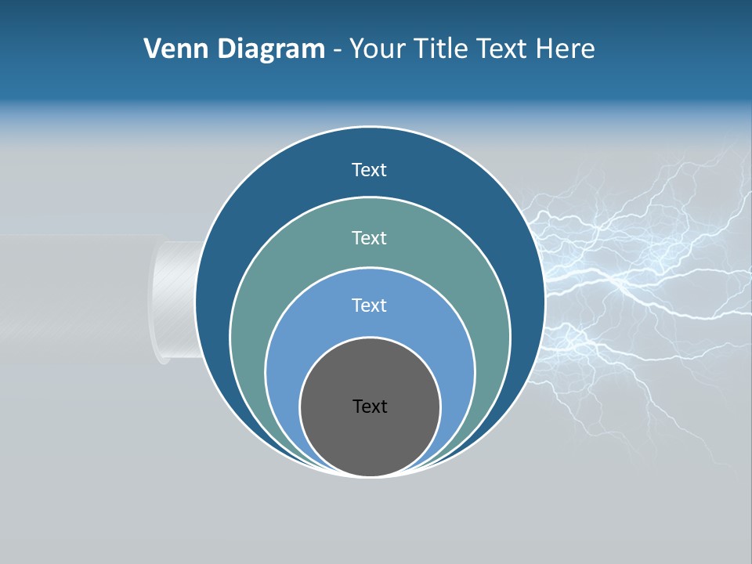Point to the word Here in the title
point(565,49)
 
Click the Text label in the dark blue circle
point(369,170)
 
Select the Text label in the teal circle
point(369,237)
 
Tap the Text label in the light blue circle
point(369,305)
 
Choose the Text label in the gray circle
point(369,407)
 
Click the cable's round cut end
point(166,302)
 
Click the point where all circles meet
point(370,475)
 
